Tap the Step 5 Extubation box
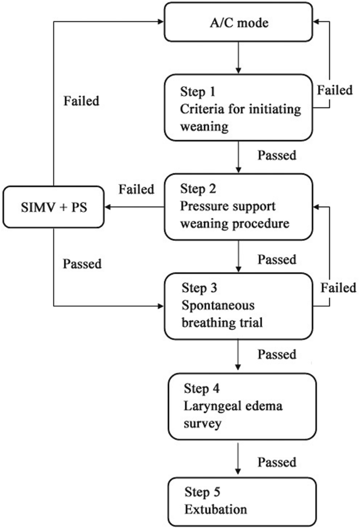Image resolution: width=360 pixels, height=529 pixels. (240, 501)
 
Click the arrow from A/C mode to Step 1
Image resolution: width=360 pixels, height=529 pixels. (240, 57)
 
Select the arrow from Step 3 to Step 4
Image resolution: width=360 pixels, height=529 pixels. (240, 358)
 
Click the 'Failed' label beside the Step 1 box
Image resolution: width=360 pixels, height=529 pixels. (335, 90)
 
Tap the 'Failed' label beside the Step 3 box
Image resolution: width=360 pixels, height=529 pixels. (338, 288)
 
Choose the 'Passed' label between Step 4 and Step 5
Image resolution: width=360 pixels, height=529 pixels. (277, 462)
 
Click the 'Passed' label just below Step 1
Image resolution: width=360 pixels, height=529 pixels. (277, 156)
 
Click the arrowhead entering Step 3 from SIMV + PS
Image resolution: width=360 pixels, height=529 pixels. (161, 305)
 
